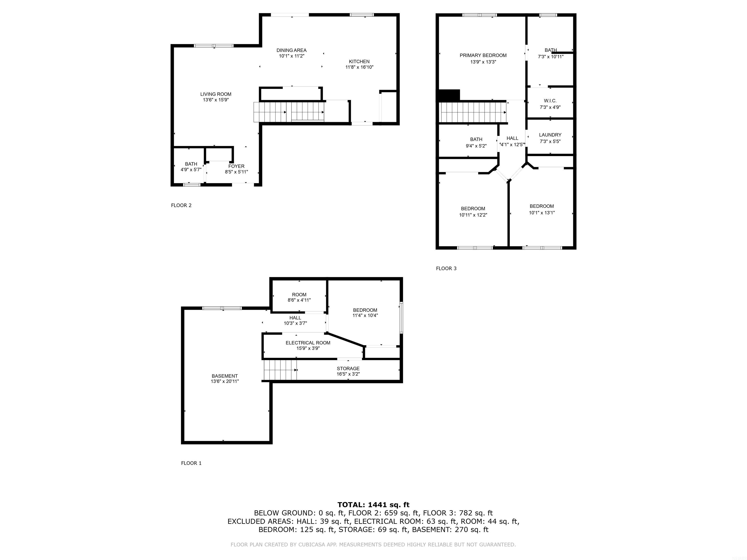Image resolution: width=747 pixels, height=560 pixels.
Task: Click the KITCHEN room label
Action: [x=359, y=61]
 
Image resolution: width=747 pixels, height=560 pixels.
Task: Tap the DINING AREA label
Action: [x=292, y=50]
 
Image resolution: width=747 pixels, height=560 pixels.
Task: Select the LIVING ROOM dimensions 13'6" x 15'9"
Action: [x=215, y=100]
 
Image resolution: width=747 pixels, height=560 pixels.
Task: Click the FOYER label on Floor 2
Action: [x=236, y=166]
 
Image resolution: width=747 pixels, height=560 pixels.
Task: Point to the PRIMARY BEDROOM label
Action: [x=483, y=55]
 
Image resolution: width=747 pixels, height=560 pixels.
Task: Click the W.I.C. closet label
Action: [x=550, y=101]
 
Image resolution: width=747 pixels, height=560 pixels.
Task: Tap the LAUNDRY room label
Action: [x=550, y=135]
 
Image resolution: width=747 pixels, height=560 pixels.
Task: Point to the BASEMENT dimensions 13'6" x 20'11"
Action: [x=225, y=381]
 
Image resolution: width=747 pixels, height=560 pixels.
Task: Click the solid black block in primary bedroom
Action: [x=449, y=95]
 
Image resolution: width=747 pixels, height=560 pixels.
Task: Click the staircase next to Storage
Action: [x=280, y=370]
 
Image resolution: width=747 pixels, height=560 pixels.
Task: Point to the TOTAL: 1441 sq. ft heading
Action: [x=373, y=505]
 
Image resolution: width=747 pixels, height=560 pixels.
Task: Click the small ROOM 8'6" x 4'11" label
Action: [x=299, y=295]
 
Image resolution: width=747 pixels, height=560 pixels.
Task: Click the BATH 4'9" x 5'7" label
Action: [x=191, y=164]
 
